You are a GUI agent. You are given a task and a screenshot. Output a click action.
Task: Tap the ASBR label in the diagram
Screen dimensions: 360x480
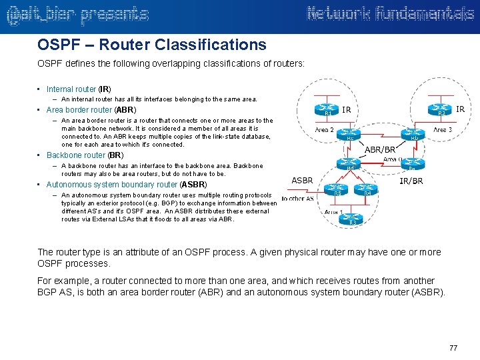coord(303,181)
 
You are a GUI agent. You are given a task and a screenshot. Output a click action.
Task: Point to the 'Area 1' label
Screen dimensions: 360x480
coord(334,211)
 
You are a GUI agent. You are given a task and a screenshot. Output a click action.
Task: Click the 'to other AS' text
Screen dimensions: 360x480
coord(297,199)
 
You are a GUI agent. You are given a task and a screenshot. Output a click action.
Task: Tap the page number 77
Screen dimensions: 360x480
coord(453,348)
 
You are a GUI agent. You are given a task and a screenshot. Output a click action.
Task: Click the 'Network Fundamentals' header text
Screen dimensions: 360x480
coord(390,14)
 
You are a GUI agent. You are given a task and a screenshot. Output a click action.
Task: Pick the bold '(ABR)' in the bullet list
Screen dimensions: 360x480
coord(125,110)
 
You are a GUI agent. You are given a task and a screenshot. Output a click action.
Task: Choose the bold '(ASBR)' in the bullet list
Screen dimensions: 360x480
coord(193,185)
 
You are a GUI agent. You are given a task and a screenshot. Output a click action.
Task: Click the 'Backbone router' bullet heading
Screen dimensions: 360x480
coord(76,155)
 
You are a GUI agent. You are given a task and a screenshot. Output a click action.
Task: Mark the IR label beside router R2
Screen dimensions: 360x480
coord(461,108)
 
